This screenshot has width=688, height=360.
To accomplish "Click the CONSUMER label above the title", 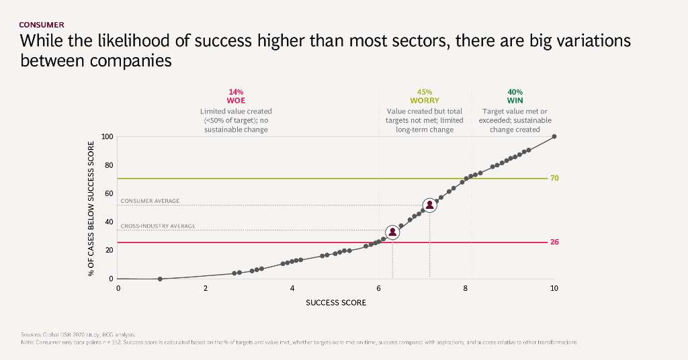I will [x=42, y=25].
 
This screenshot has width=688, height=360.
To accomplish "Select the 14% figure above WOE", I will [x=236, y=92].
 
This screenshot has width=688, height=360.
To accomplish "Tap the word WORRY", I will [x=425, y=101].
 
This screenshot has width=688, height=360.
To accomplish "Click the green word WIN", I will [x=515, y=101].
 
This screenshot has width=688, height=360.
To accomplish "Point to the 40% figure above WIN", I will [x=515, y=92].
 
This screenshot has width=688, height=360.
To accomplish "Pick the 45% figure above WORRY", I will [x=425, y=92].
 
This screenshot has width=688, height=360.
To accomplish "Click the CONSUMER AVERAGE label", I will [x=150, y=201].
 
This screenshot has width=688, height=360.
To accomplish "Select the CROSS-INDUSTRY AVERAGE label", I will [x=158, y=226].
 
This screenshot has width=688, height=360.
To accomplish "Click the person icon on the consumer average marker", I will [x=430, y=206].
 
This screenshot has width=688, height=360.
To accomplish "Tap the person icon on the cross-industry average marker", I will [x=392, y=232].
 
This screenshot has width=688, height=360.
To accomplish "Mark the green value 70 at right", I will [x=555, y=179].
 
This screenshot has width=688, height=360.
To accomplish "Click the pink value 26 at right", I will [x=555, y=242].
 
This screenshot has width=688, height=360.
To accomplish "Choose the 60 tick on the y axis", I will [x=109, y=193].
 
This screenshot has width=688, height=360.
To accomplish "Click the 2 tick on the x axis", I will [x=206, y=288].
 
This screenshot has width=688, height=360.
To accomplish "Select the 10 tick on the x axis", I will [x=554, y=288].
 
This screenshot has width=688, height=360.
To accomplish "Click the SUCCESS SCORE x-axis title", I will [x=336, y=303].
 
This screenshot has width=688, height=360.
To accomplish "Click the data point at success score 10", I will [x=554, y=137].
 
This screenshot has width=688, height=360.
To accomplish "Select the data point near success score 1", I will [x=160, y=279].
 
